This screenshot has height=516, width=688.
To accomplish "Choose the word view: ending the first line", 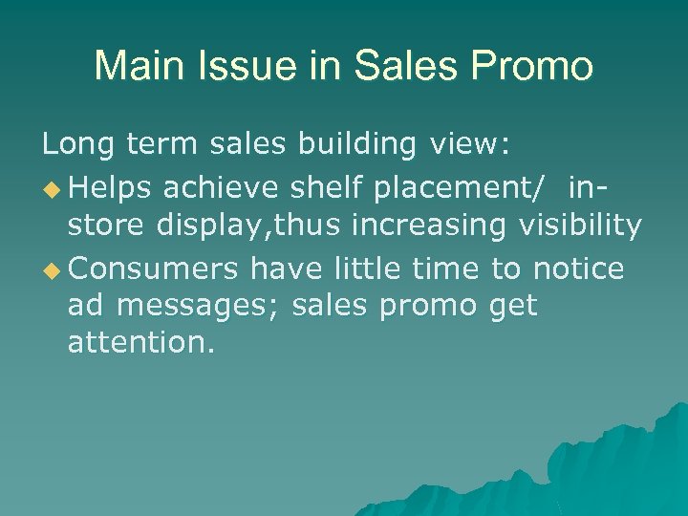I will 470,145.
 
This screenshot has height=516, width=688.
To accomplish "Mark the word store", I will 104,227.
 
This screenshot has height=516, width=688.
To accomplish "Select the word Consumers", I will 152,269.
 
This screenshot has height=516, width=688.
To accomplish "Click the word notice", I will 577,269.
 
